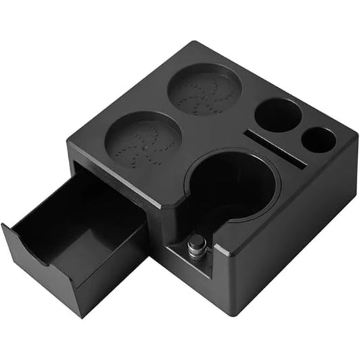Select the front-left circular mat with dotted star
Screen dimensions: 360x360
(143, 141)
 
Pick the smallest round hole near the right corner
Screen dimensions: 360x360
(317, 139)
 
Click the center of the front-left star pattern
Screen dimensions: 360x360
(143, 143)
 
